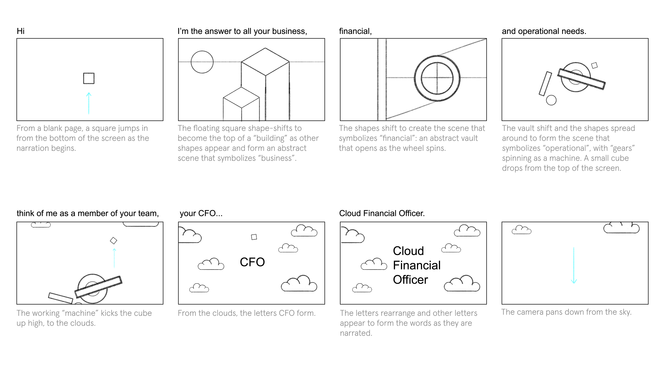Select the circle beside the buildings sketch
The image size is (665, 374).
(x=202, y=62)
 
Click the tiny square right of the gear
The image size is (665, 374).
(x=594, y=65)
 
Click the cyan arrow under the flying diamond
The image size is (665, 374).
(x=114, y=258)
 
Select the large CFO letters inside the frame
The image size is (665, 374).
(x=252, y=262)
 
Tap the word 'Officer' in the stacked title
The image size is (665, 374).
(x=410, y=280)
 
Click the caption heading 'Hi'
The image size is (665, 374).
(x=20, y=31)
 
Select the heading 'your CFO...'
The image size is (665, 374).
(x=201, y=213)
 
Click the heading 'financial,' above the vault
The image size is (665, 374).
(x=355, y=31)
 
